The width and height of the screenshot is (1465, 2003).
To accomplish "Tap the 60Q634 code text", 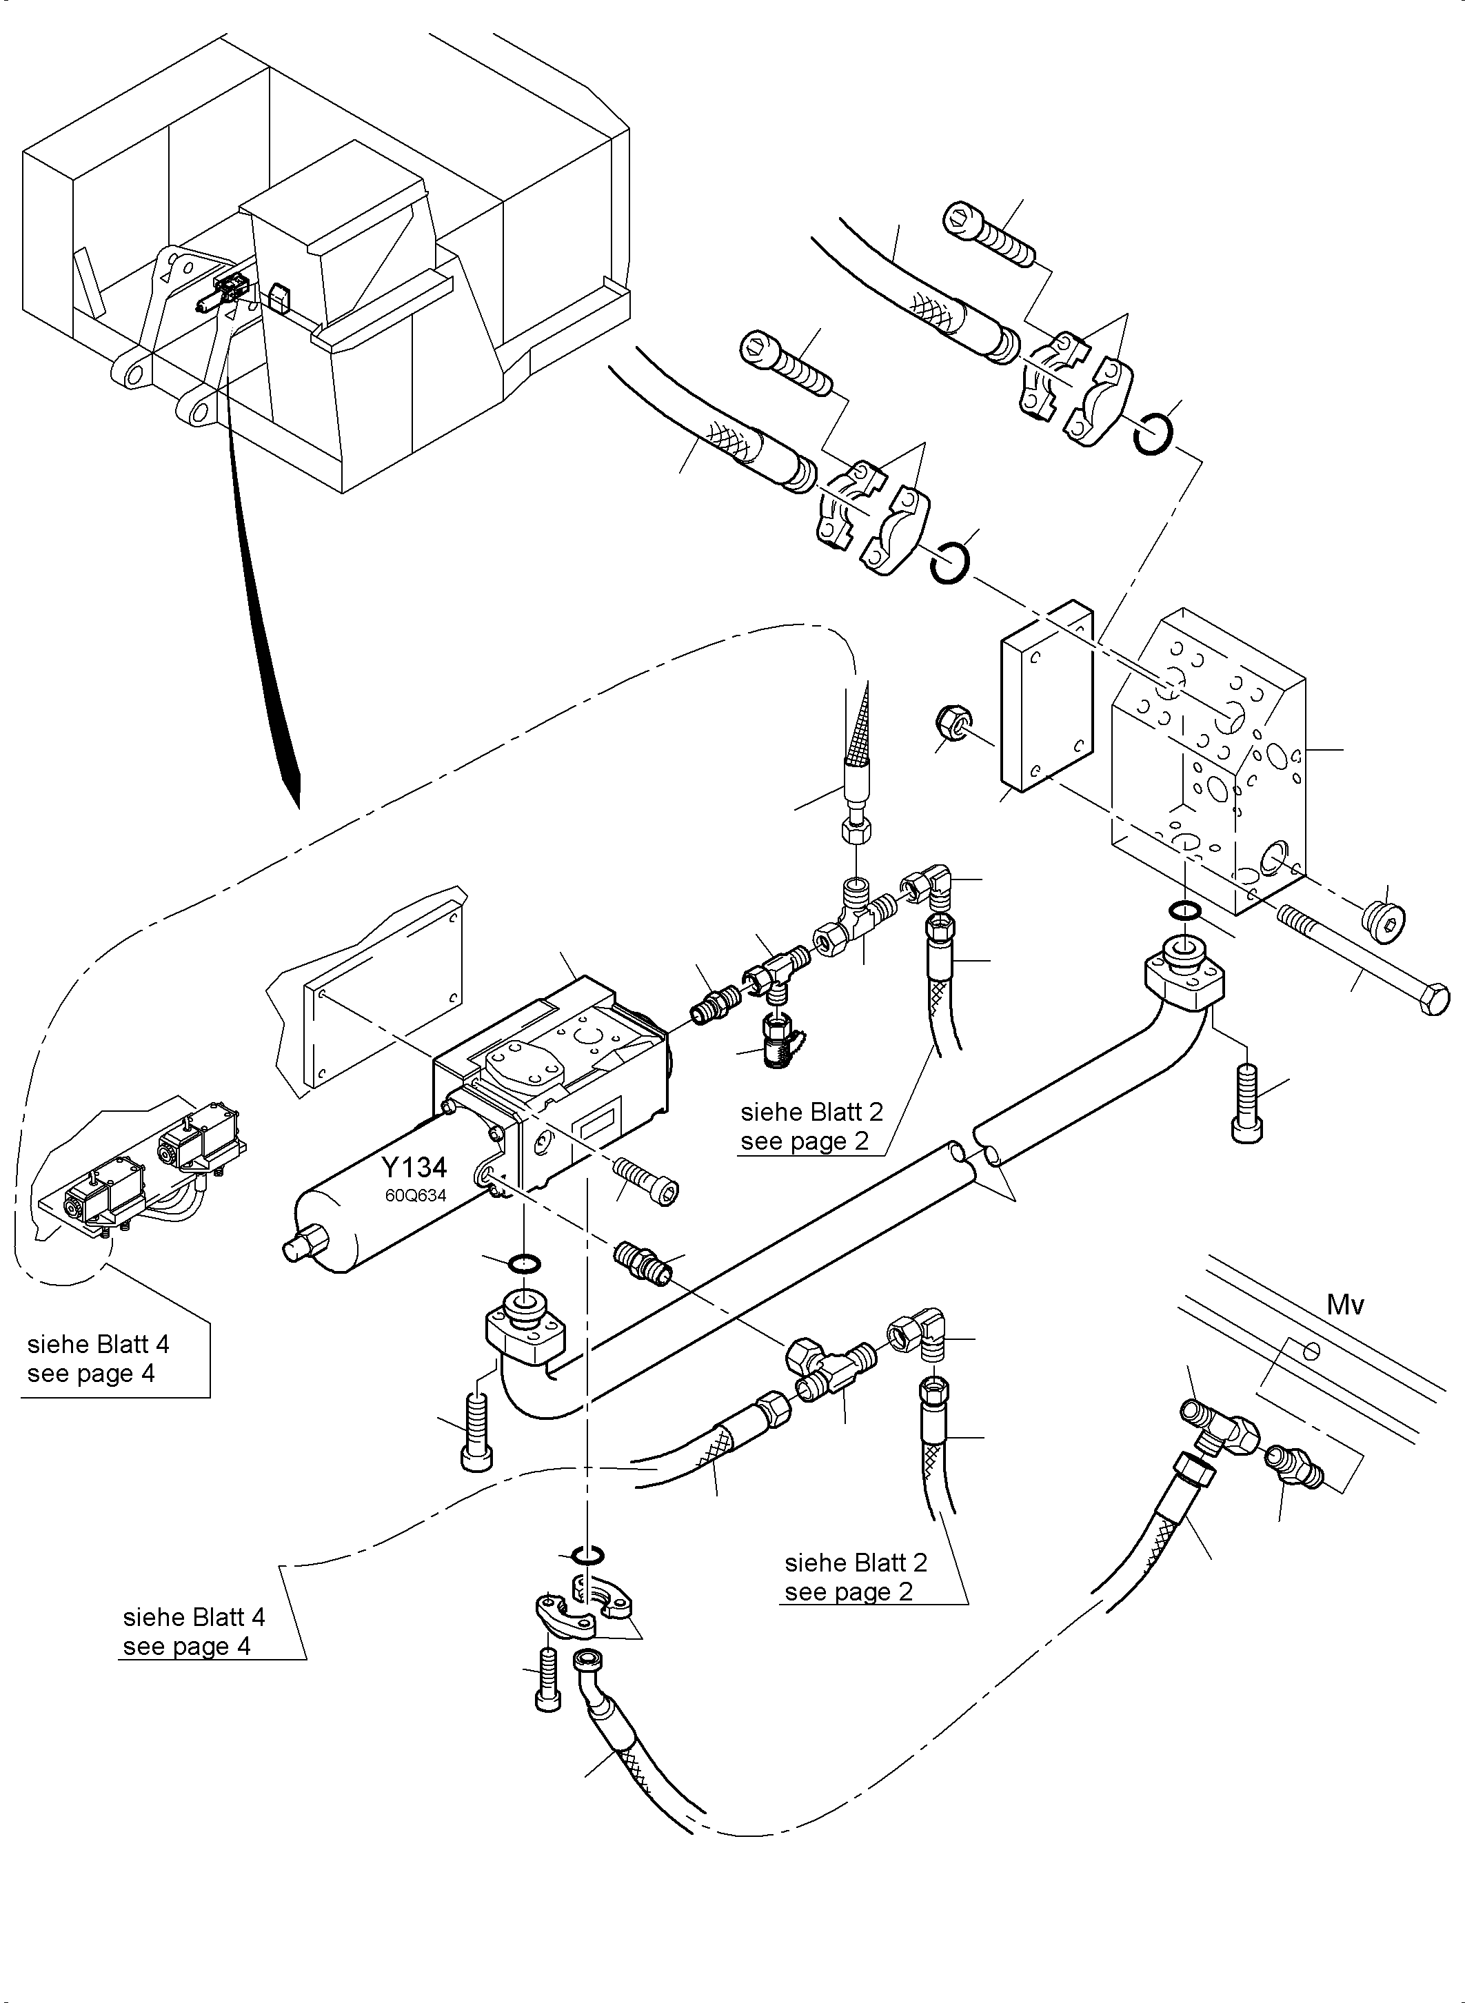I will (415, 1195).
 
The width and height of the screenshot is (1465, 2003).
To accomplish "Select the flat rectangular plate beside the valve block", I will (1047, 696).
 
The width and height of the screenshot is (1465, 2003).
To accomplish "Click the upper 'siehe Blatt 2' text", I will (811, 1112).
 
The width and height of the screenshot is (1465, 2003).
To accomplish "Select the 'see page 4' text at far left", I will (90, 1374).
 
